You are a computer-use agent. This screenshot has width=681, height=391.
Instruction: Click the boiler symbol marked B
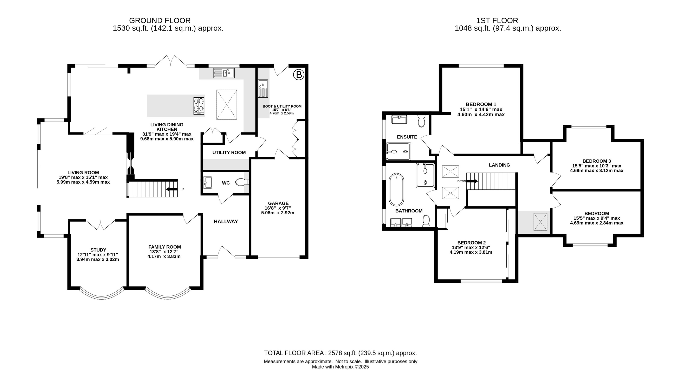[299, 75]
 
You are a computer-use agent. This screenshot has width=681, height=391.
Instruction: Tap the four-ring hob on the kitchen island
[199, 106]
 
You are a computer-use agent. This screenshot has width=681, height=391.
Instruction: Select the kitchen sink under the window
[224, 73]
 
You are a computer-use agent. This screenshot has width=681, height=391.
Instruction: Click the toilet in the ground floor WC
[242, 182]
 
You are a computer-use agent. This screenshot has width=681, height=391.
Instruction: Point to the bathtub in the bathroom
[396, 190]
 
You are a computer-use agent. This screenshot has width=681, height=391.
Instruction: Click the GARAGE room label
[278, 203]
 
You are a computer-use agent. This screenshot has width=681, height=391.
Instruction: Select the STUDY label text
[98, 250]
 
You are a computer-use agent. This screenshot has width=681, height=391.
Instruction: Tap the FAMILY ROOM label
[165, 247]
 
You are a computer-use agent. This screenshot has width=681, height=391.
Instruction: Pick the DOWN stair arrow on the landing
[472, 181]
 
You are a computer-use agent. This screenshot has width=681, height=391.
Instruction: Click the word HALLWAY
[226, 222]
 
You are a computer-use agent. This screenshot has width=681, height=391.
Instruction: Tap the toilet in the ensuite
[422, 121]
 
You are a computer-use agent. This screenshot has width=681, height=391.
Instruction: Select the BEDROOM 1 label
[481, 104]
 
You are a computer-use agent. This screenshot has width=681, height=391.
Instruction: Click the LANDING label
[499, 165]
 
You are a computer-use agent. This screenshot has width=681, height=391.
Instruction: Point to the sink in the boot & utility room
[263, 88]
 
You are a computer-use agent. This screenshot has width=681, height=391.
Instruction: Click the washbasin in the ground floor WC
[207, 182]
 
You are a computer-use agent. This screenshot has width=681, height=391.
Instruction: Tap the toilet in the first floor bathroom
[426, 221]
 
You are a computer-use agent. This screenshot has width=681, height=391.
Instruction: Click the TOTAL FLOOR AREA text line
[340, 353]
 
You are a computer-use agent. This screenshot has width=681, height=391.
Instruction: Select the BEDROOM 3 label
[597, 161]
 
